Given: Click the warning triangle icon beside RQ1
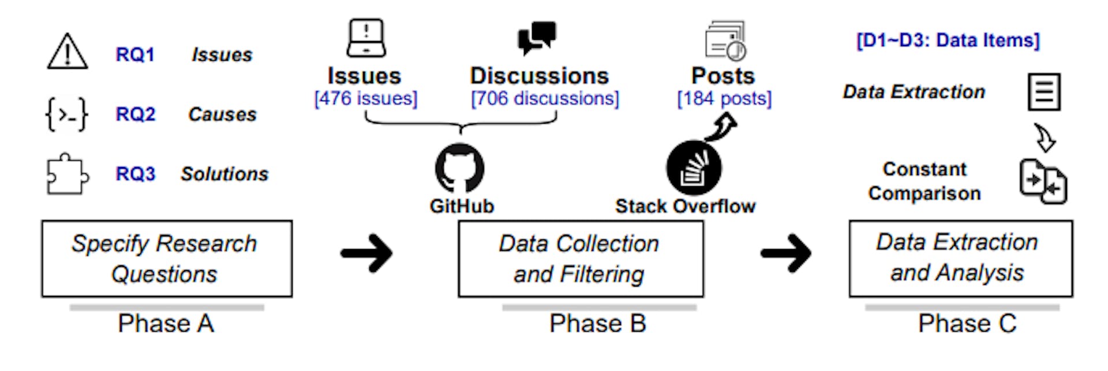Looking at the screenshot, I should pyautogui.click(x=68, y=53).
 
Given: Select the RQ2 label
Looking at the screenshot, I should pyautogui.click(x=136, y=114).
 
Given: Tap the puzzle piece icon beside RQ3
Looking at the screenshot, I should pyautogui.click(x=67, y=174).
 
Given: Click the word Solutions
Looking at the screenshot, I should pyautogui.click(x=224, y=174).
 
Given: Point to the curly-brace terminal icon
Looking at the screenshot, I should pyautogui.click(x=67, y=114).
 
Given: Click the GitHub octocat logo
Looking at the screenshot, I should pyautogui.click(x=460, y=168).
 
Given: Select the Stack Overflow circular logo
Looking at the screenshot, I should pyautogui.click(x=693, y=169).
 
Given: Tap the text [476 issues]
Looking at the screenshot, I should pyautogui.click(x=366, y=99).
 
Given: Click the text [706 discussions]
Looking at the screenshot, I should pyautogui.click(x=545, y=99).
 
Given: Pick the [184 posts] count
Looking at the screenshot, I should pyautogui.click(x=724, y=99).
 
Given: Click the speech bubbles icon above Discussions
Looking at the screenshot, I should pyautogui.click(x=537, y=38).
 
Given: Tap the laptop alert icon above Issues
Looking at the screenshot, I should pyautogui.click(x=366, y=38).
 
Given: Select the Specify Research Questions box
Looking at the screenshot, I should pyautogui.click(x=167, y=258).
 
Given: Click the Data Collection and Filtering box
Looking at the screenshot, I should pyautogui.click(x=581, y=258).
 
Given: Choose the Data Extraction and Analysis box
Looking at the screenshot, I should pyautogui.click(x=960, y=258).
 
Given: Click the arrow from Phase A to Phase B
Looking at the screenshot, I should pyautogui.click(x=367, y=253).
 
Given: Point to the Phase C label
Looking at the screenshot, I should pyautogui.click(x=967, y=324).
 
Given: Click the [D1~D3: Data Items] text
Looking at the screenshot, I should pyautogui.click(x=948, y=40).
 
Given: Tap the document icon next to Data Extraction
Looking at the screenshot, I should pyautogui.click(x=1044, y=92).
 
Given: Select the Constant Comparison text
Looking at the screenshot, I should pyautogui.click(x=924, y=181).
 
